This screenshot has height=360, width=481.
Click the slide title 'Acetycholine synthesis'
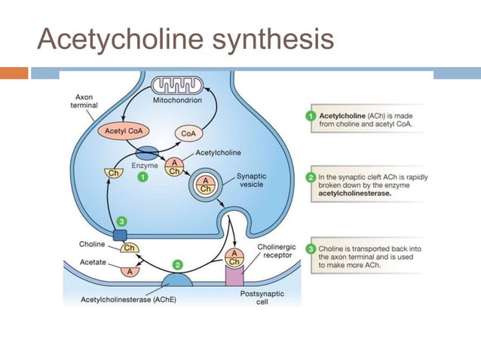pos(185,38)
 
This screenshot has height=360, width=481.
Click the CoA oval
pos(188,133)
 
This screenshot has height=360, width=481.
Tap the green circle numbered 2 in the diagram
pos(177,264)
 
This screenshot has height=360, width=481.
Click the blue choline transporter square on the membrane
pos(120,236)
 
